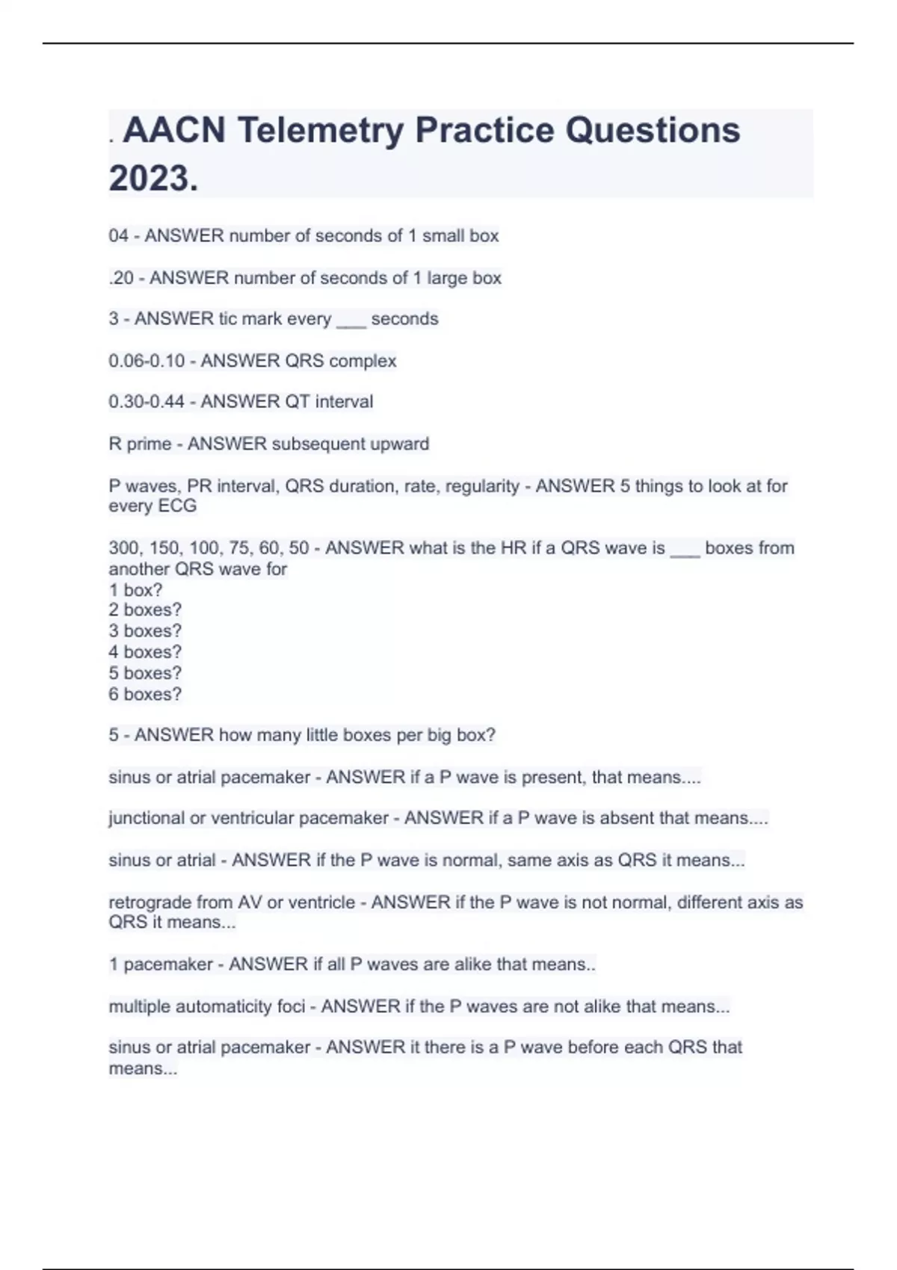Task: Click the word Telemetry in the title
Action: pyautogui.click(x=321, y=131)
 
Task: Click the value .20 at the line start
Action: pyautogui.click(x=121, y=278)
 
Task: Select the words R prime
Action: pyautogui.click(x=140, y=444)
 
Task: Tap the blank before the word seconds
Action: pyautogui.click(x=351, y=320)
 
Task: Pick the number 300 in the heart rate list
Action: pyautogui.click(x=123, y=548)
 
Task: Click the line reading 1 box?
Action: pyautogui.click(x=135, y=590)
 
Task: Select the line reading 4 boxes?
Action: pyautogui.click(x=145, y=652)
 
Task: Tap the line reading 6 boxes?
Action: pyautogui.click(x=145, y=694)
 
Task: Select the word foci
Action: pyautogui.click(x=291, y=1006)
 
